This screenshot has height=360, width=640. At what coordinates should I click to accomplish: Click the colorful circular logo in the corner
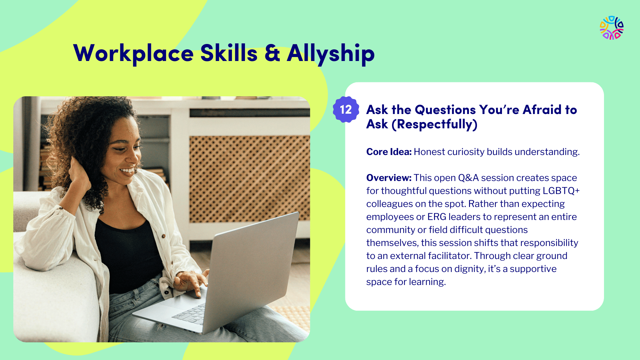pos(612,28)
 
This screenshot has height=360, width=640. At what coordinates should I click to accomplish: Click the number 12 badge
pos(346,110)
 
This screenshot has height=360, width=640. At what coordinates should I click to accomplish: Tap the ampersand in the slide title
pos(272,53)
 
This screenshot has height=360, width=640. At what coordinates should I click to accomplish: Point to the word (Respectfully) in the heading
pos(434,124)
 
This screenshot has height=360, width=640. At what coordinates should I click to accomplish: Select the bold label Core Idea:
pos(389,152)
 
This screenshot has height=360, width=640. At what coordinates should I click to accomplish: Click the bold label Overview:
pos(389,178)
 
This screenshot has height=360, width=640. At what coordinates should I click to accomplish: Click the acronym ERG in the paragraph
pos(437,217)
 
